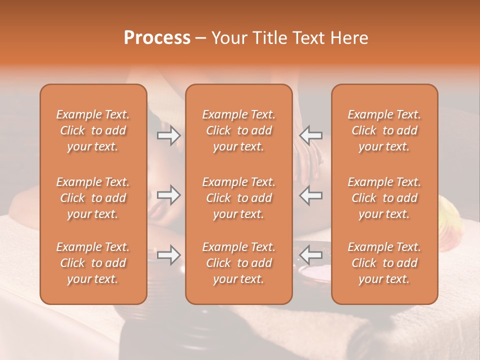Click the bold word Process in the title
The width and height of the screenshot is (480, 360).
tap(157, 38)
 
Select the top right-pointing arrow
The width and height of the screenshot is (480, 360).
tap(169, 135)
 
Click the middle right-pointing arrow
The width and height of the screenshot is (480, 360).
tap(169, 195)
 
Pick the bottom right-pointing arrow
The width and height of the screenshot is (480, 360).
tap(169, 255)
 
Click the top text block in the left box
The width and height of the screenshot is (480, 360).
tap(93, 130)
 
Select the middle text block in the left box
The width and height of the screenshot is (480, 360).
tap(93, 198)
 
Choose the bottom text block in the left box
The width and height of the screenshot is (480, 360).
tap(93, 263)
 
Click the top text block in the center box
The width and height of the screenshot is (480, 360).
tap(239, 130)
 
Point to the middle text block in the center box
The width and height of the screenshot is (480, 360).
tap(239, 198)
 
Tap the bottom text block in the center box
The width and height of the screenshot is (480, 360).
tap(239, 263)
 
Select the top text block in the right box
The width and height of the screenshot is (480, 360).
tap(384, 130)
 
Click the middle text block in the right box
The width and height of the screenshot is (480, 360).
tap(384, 198)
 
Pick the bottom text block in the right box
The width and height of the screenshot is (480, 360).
tap(384, 263)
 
